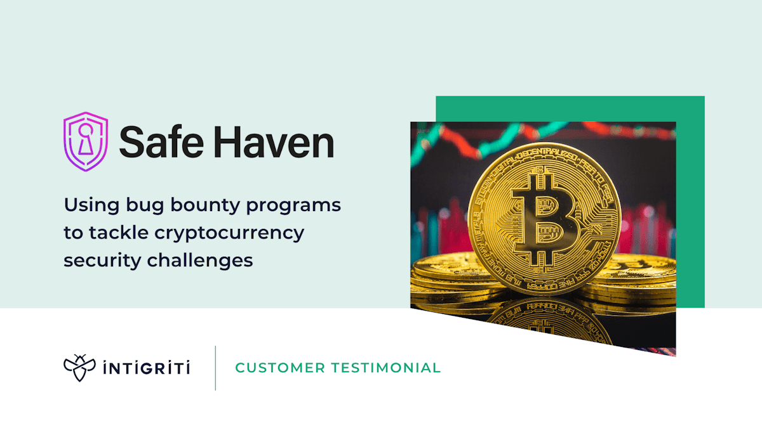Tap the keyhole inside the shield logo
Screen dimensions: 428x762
tap(86, 140)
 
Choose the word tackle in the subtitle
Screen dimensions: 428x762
tap(116, 233)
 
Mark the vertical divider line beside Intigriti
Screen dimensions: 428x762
tap(215, 368)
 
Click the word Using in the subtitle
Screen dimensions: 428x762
tap(85, 205)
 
